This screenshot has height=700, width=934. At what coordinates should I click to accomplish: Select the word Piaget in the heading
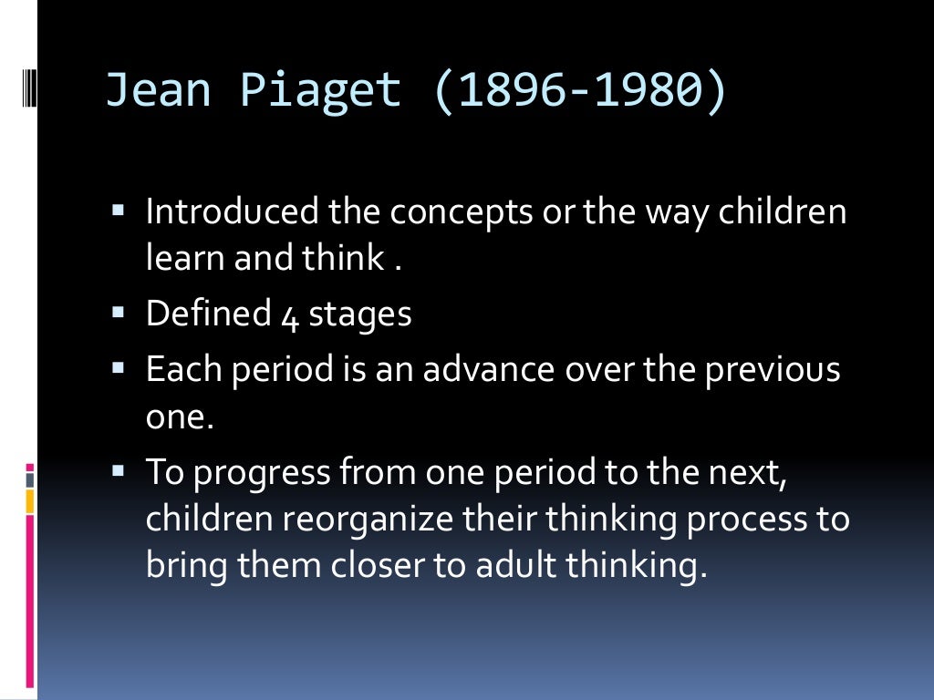pyautogui.click(x=321, y=90)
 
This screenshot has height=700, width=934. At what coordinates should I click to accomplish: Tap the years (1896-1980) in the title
pyautogui.click(x=579, y=90)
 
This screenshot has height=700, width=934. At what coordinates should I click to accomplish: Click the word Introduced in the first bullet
pyautogui.click(x=233, y=212)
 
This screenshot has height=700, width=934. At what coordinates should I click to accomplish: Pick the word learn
pyautogui.click(x=185, y=259)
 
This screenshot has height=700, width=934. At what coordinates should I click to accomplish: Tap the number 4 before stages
pyautogui.click(x=288, y=316)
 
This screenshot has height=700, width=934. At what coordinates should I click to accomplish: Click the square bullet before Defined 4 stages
pyautogui.click(x=118, y=312)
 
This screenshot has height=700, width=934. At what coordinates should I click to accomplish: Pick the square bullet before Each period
pyautogui.click(x=118, y=367)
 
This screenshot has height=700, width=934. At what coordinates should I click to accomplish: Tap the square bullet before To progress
pyautogui.click(x=118, y=470)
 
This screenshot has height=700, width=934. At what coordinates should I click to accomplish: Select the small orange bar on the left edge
pyautogui.click(x=30, y=500)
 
